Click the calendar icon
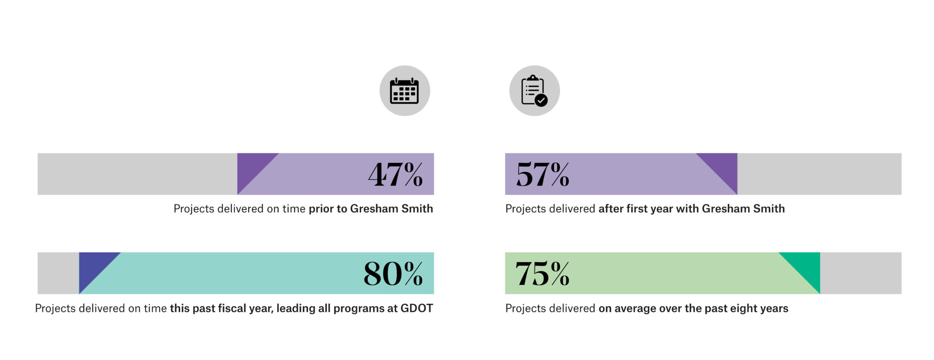pyautogui.click(x=404, y=91)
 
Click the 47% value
pyautogui.click(x=395, y=174)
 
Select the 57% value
pyautogui.click(x=543, y=174)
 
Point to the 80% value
pyautogui.click(x=393, y=274)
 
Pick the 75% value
pyautogui.click(x=542, y=274)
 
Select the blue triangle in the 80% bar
pyautogui.click(x=92, y=266)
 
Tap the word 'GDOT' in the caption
pyautogui.click(x=416, y=308)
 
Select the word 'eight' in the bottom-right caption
pyautogui.click(x=742, y=308)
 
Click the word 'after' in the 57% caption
pyautogui.click(x=611, y=209)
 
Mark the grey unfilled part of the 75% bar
pyautogui.click(x=861, y=273)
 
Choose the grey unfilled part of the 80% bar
pyautogui.click(x=57, y=273)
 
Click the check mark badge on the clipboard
pyautogui.click(x=541, y=100)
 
